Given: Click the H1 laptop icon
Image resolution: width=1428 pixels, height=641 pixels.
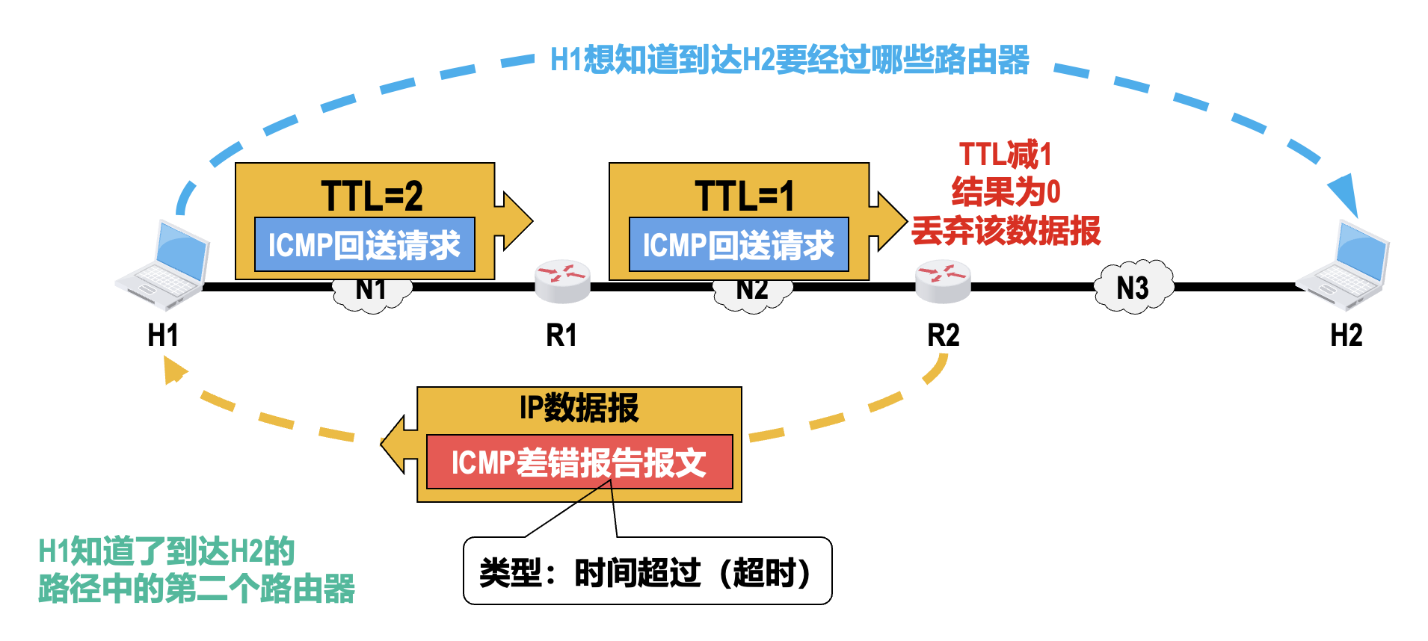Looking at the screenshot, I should (164, 264).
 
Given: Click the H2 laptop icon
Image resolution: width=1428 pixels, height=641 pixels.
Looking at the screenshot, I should (1344, 266).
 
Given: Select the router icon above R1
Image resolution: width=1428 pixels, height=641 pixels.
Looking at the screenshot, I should (562, 282).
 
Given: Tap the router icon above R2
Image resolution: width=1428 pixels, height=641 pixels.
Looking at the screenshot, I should (943, 282).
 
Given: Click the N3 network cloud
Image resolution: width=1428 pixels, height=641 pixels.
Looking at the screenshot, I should (1133, 288).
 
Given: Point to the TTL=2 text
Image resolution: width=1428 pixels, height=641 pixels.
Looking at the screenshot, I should (372, 196).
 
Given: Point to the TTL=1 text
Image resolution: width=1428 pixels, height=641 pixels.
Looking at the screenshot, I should (744, 196).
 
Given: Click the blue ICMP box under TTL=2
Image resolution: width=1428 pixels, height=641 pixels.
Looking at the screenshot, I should (364, 244).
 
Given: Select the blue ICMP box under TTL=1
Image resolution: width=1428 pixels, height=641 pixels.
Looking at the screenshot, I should (739, 244).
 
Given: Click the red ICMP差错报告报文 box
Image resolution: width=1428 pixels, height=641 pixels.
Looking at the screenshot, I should (579, 462).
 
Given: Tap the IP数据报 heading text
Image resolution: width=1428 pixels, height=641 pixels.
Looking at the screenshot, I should (579, 408).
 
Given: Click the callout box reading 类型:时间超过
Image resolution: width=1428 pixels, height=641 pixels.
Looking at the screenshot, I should (647, 572).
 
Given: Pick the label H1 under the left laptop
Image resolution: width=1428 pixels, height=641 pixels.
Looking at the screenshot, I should (163, 335).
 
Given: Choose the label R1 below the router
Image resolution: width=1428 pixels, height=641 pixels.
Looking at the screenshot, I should (561, 335).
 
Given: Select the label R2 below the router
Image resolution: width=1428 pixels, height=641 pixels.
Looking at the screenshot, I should (943, 335).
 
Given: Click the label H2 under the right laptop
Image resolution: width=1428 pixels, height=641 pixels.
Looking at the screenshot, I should (1346, 335).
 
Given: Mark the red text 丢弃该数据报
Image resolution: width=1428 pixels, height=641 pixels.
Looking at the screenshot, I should (1006, 230).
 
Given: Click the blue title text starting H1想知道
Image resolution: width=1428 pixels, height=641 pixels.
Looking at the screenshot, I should (790, 60).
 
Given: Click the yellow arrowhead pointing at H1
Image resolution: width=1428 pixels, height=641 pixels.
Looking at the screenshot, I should (174, 369).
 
